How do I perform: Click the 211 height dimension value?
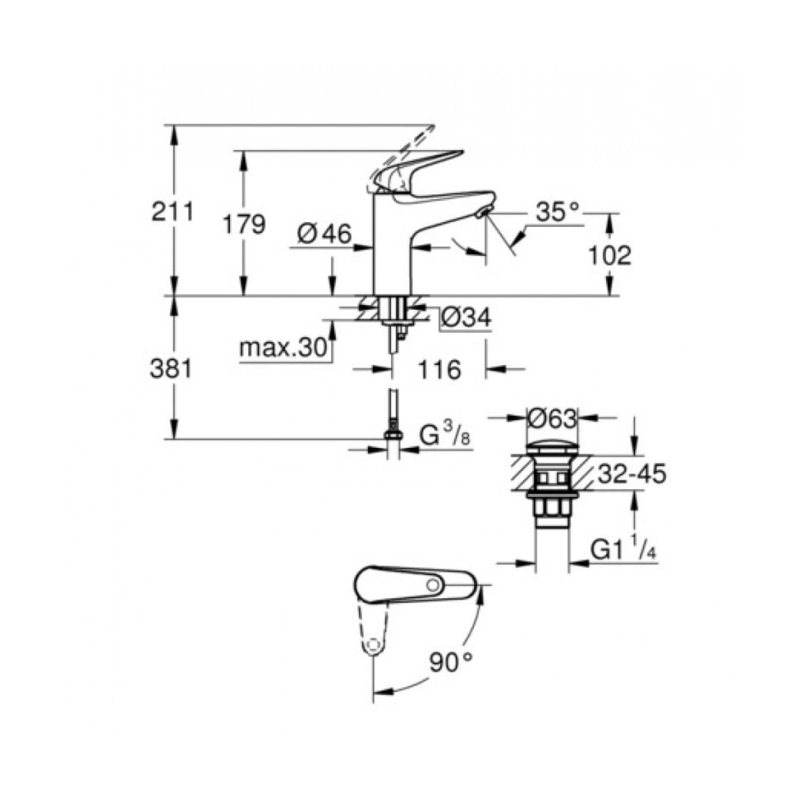[171, 212]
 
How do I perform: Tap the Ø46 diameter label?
[323, 234]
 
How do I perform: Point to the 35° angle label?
[557, 212]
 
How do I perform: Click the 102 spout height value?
[609, 255]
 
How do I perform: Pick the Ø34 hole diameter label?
[466, 317]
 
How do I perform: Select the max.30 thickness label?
[284, 348]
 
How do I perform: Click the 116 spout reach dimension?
[438, 369]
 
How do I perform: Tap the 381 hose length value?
[171, 369]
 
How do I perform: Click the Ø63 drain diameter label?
[552, 416]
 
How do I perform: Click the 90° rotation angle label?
[450, 662]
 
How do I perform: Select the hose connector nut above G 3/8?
[393, 434]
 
